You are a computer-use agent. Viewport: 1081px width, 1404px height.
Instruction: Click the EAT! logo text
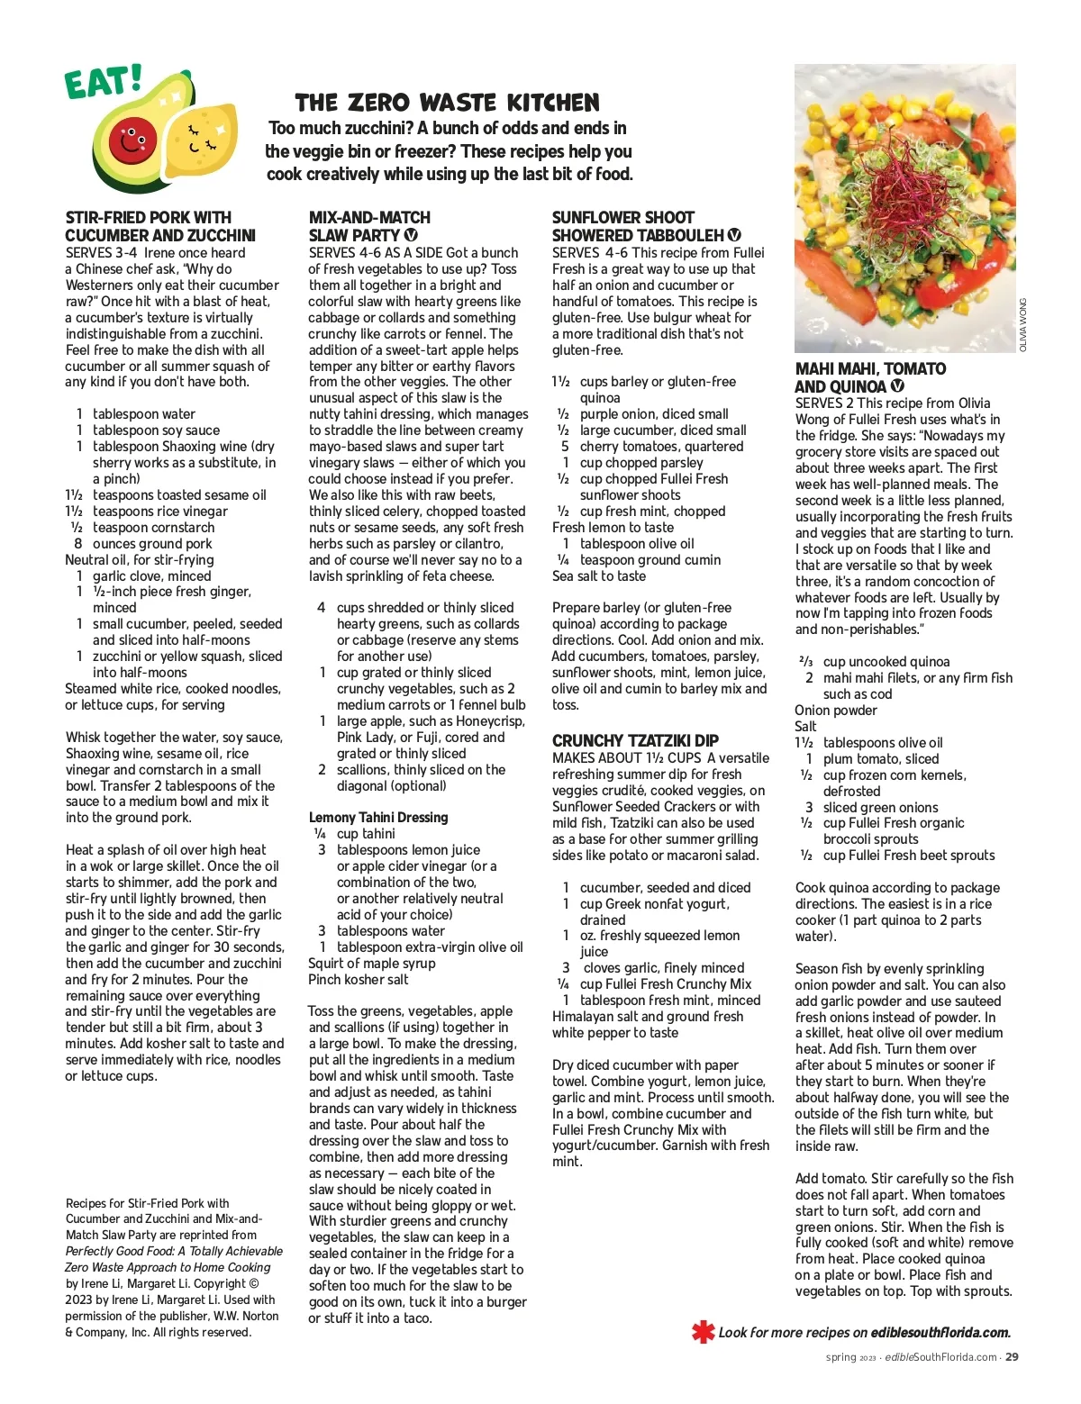pos(103,82)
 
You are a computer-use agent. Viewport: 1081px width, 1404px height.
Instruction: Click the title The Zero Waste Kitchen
pos(447,102)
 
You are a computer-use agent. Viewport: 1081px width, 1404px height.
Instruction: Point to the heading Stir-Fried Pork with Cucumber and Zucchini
pos(160,226)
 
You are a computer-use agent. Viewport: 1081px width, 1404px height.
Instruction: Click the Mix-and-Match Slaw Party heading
pos(369,226)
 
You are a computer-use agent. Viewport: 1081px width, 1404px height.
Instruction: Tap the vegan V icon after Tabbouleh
pos(734,235)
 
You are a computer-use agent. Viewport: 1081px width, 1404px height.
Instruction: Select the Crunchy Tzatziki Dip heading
pos(635,741)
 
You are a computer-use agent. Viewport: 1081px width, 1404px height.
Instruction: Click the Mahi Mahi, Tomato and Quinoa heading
pos(870,377)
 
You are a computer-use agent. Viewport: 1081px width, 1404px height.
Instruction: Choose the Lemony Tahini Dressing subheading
pos(378,818)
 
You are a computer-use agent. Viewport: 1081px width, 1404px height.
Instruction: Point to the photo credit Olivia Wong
pos(1023,324)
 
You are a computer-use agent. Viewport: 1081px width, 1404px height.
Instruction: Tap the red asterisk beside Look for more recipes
pos(703,1332)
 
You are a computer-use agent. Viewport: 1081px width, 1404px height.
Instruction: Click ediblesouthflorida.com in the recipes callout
pos(940,1333)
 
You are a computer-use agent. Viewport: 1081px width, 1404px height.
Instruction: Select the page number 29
pos(1012,1357)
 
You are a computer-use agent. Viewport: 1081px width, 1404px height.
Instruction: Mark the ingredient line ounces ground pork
pos(152,543)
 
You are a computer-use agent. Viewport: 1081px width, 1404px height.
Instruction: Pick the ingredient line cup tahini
pos(366,834)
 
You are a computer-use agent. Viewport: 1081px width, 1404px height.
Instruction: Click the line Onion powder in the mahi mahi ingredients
pos(836,711)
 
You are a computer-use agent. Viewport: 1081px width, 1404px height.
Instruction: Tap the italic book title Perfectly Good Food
pos(174,1251)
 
